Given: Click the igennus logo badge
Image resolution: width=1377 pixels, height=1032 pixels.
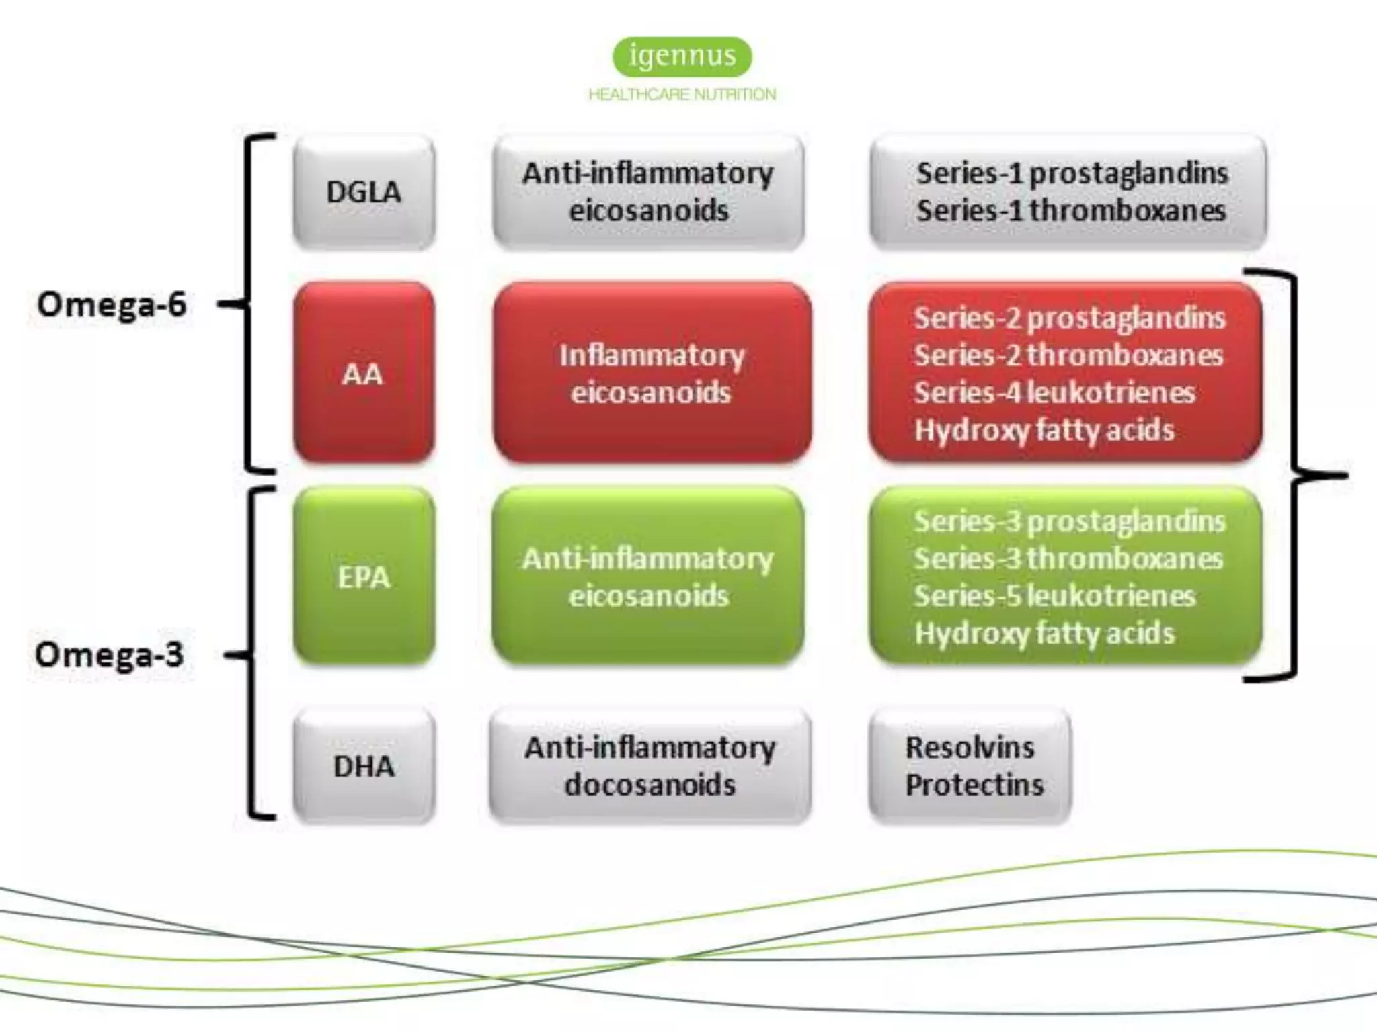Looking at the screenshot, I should point(682,56).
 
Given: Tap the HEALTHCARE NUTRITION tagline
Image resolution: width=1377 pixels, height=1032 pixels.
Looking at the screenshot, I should point(682,95).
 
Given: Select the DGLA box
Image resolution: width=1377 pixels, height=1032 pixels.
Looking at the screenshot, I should point(364,192).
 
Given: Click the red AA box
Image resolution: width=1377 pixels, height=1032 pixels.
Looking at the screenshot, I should point(364,374).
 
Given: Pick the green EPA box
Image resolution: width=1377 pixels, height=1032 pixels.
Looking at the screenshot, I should point(364,576).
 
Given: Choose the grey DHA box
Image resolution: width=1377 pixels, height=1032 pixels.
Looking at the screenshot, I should point(364,766).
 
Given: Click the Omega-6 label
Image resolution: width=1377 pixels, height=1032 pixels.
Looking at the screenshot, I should point(112,304).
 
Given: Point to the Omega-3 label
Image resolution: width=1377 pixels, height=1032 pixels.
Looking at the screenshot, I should point(109,654).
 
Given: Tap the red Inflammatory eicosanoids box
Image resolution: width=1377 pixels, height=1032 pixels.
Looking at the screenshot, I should point(651,374).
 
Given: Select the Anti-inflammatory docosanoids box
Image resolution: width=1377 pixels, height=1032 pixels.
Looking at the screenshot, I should point(650,766).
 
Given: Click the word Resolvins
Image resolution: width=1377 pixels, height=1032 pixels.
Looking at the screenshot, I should point(970,748).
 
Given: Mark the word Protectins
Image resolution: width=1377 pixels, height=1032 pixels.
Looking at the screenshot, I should point(974,785).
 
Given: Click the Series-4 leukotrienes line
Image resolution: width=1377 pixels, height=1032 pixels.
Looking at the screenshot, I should point(1054,392).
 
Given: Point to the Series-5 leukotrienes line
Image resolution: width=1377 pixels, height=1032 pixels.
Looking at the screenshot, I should point(1054,596).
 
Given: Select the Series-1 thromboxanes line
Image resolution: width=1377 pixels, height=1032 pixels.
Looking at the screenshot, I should point(1071,211).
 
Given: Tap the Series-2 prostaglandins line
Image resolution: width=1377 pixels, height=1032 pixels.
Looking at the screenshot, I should point(1069,318).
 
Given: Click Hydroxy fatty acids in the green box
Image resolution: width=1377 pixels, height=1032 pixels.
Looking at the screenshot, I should point(1044,634).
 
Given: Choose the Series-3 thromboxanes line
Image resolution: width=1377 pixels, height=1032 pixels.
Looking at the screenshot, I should point(1068,558).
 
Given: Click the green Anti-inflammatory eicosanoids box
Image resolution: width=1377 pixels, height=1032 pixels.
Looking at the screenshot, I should point(648,576).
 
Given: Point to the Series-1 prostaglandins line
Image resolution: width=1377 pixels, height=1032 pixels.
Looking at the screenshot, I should point(1072,173).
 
